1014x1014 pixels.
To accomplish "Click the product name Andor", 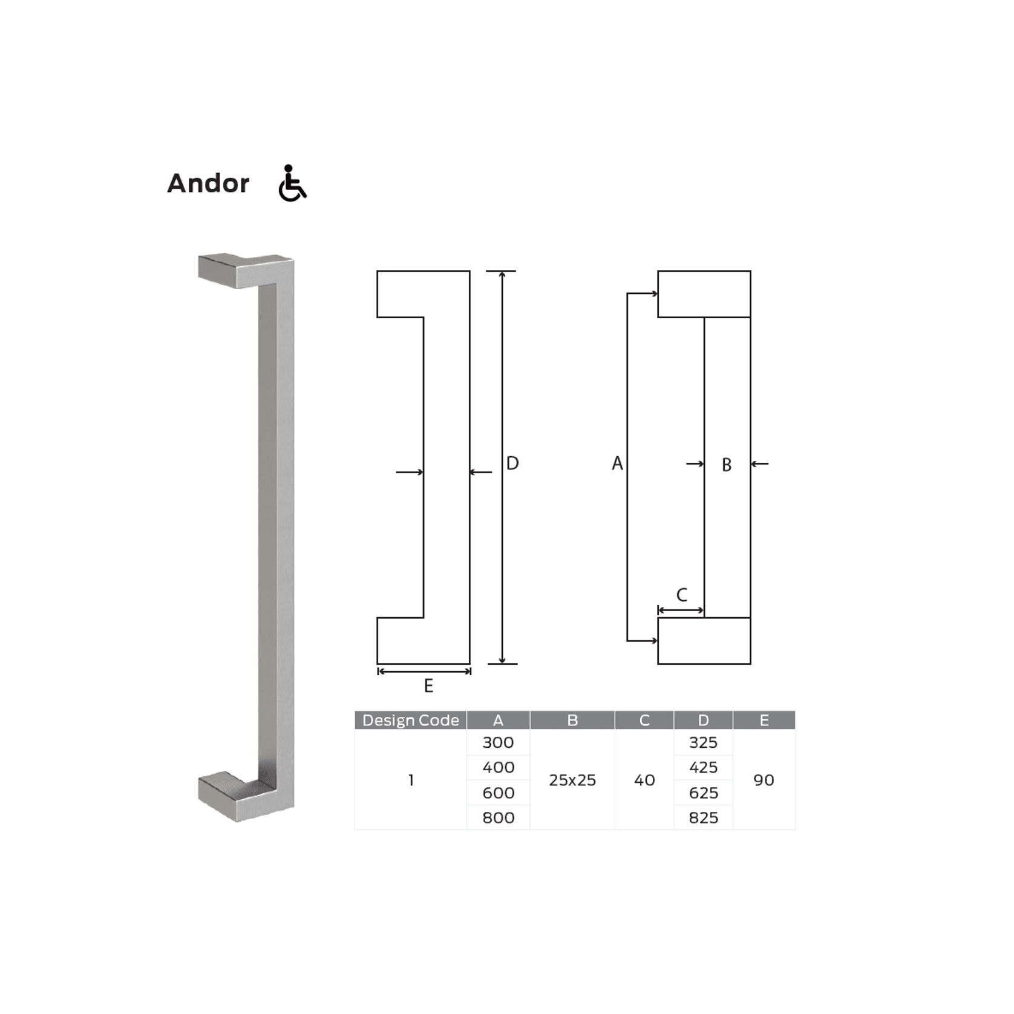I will click(x=208, y=183).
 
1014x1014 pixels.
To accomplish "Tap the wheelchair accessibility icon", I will click(x=292, y=183).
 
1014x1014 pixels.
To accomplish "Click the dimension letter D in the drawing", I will click(x=512, y=463).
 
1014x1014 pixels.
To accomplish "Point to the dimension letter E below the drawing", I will click(x=428, y=686).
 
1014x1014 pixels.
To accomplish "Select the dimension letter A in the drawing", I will click(x=617, y=463).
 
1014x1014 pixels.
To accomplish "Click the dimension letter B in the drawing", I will click(x=727, y=465).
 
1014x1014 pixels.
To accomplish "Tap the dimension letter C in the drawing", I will click(x=682, y=595).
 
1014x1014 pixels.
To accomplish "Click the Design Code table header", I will click(x=410, y=720).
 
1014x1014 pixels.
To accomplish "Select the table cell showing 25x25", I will click(x=572, y=780).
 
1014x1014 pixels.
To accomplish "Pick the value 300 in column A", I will click(x=498, y=742).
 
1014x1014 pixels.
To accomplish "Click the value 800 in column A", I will click(x=498, y=817).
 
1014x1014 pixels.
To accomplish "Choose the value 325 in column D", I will click(x=703, y=742).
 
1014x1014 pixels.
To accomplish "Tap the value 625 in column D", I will click(x=703, y=793).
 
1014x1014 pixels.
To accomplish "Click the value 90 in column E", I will click(x=764, y=780).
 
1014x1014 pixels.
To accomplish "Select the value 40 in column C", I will click(x=644, y=780).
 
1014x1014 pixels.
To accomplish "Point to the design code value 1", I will click(x=411, y=780).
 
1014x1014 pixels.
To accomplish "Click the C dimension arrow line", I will click(x=681, y=610).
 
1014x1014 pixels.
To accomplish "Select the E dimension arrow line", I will click(x=424, y=671).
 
